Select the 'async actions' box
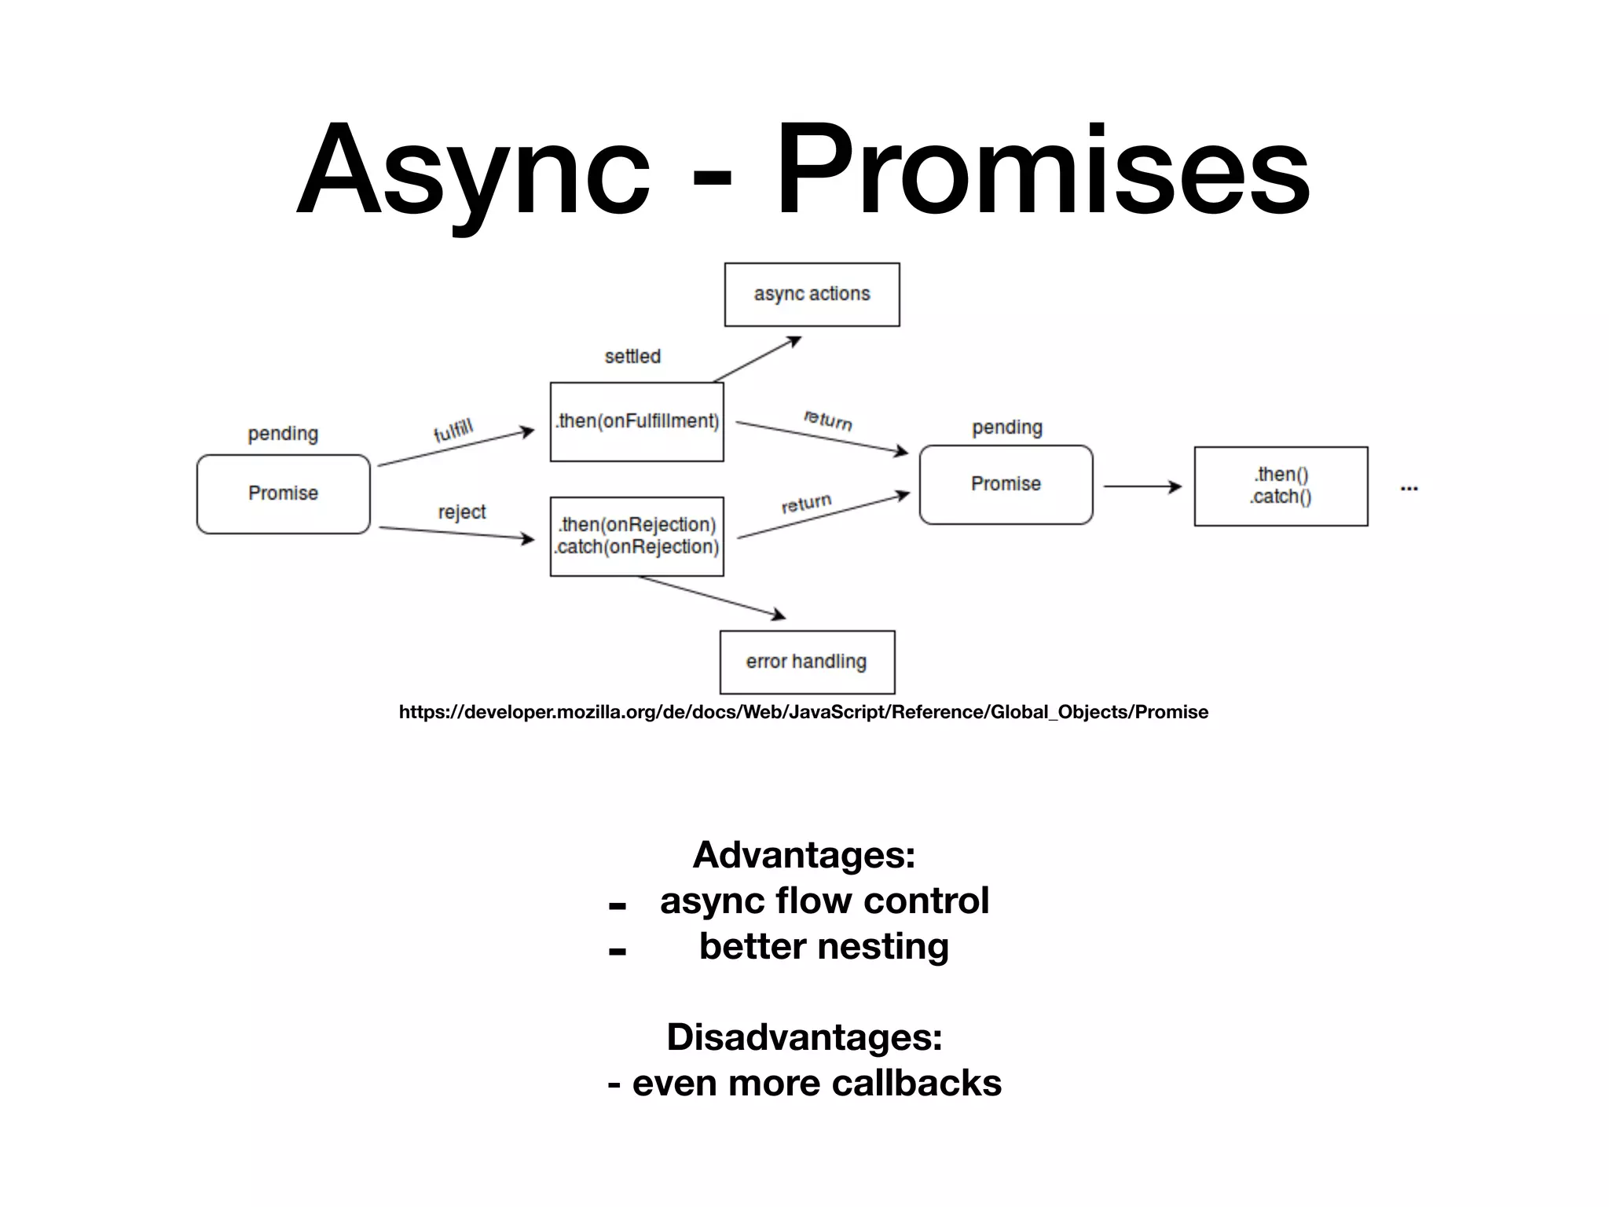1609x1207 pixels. [812, 295]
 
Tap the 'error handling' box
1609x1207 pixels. [807, 662]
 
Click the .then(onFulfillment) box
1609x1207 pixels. [636, 422]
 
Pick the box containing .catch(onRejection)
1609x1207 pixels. [636, 537]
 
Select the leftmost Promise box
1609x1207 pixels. [283, 493]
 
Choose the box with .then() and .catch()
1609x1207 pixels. [1281, 486]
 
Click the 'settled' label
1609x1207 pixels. [632, 357]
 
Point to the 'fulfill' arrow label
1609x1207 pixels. [453, 431]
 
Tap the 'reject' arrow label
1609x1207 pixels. [462, 512]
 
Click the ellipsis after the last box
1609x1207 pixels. [1409, 489]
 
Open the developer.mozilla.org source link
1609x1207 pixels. [803, 712]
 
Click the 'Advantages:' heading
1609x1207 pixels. [804, 855]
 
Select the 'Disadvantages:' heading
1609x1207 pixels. [804, 1037]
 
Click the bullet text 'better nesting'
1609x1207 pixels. [823, 946]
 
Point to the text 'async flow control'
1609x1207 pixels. [824, 901]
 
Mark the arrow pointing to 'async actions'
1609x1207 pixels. [757, 359]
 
